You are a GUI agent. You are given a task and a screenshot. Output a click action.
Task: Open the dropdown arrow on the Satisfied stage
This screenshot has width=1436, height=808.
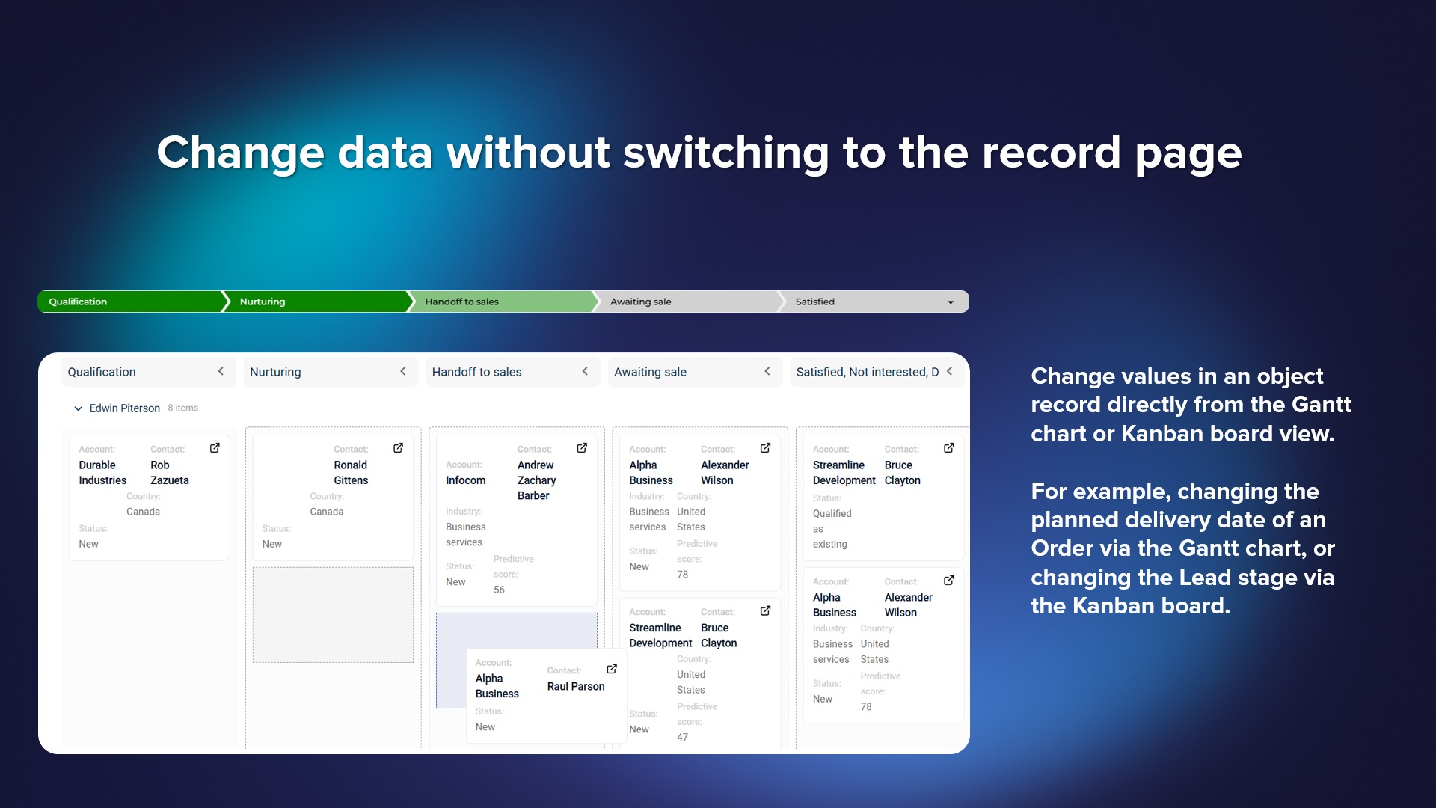[951, 302]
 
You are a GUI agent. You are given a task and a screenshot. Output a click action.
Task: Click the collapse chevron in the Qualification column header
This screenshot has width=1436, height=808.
[221, 371]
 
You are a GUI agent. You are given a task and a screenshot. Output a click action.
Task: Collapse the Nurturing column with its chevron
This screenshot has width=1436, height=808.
[403, 371]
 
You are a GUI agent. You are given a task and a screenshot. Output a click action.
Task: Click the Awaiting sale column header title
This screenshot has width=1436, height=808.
[650, 372]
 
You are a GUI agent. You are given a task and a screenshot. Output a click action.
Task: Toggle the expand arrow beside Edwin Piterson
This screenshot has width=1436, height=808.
[78, 408]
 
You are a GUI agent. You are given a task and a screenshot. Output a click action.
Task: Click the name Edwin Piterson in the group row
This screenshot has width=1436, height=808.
[125, 408]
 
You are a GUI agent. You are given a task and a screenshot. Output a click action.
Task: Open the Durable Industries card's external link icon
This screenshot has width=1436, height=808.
[215, 448]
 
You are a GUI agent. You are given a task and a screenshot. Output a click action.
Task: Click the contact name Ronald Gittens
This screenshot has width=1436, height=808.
[351, 473]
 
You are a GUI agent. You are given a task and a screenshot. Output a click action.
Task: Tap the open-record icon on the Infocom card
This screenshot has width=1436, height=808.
[582, 448]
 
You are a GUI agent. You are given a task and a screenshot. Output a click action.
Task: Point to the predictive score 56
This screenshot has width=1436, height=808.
[499, 590]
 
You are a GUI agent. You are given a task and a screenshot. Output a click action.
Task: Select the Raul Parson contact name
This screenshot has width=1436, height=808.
[576, 686]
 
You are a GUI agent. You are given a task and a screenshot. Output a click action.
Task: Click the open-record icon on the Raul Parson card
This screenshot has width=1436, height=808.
[612, 669]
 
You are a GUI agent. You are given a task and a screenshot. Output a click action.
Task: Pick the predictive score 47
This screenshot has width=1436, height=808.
[682, 737]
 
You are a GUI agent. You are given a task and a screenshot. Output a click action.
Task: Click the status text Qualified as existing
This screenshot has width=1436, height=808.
[832, 529]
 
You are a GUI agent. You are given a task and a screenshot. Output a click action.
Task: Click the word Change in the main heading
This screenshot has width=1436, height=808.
[240, 153]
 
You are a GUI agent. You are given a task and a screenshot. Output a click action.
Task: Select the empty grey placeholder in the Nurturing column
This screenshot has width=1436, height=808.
[333, 615]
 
